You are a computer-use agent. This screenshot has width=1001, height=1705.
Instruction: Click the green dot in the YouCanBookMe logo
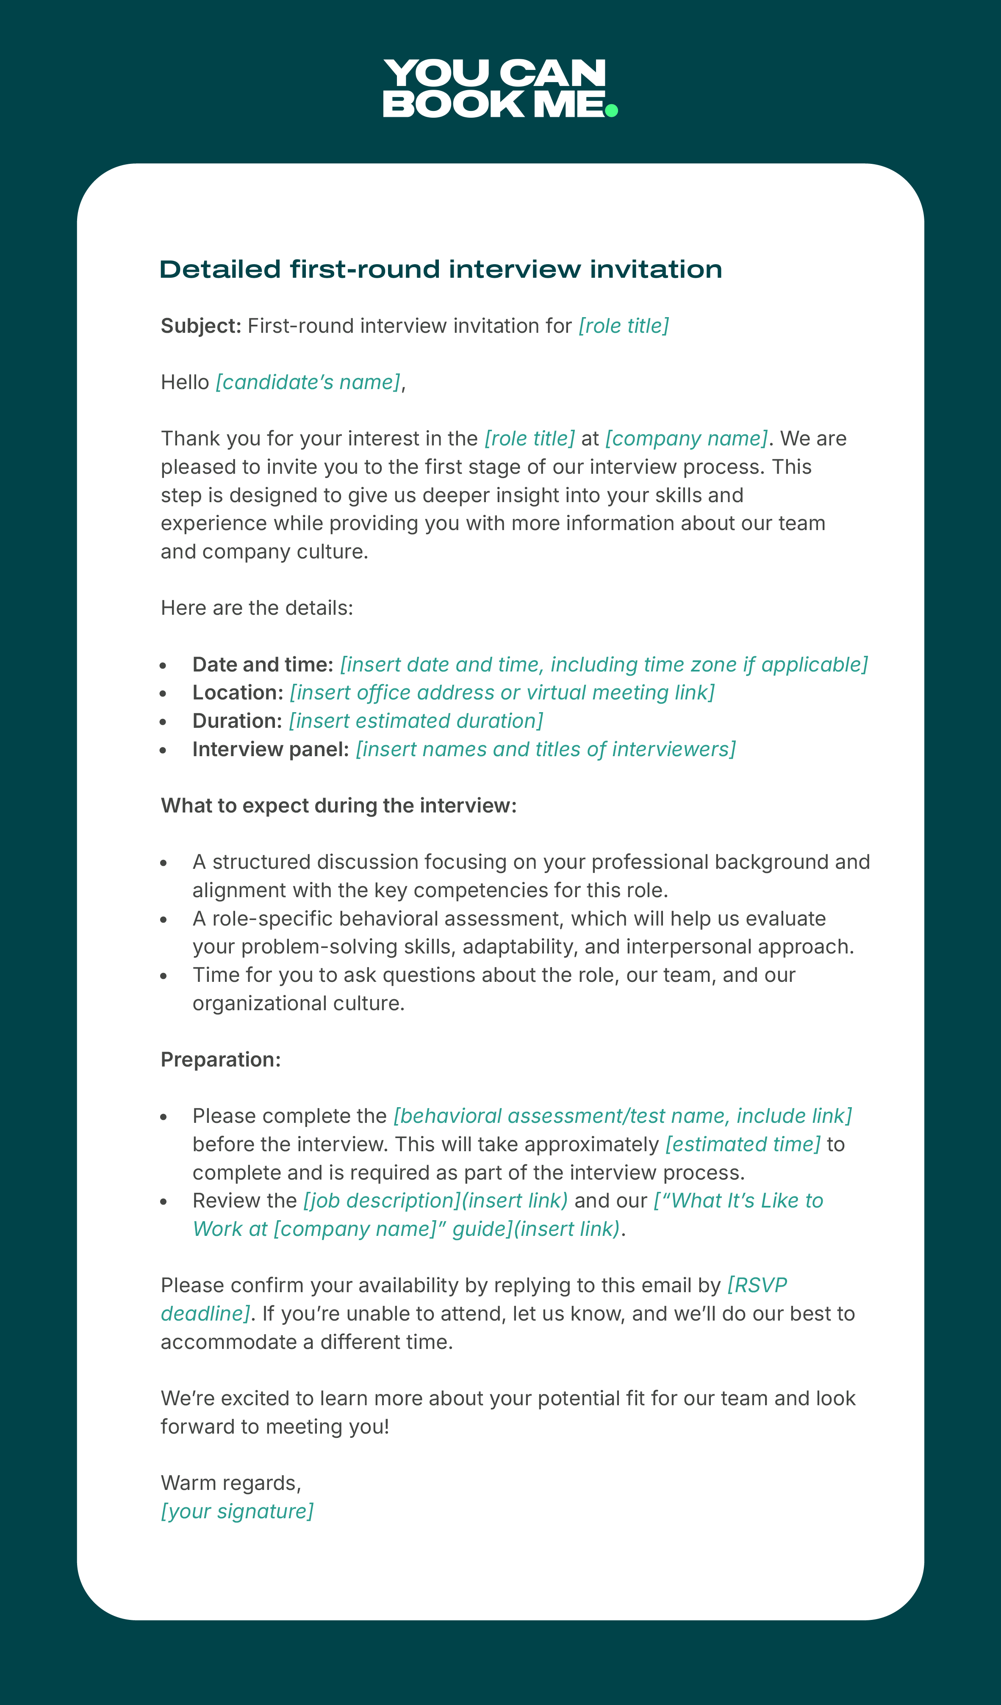(611, 110)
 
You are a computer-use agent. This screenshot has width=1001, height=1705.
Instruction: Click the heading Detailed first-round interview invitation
(441, 269)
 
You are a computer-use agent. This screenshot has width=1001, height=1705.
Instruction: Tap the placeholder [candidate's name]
(308, 382)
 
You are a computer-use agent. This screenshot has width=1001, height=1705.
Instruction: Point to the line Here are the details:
(257, 608)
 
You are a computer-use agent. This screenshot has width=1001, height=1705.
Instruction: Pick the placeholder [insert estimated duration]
(416, 721)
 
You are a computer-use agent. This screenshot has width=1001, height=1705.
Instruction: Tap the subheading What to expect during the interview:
(338, 806)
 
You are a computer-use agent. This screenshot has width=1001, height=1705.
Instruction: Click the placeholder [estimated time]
(743, 1144)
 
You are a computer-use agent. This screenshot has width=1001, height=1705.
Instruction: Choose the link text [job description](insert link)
(435, 1201)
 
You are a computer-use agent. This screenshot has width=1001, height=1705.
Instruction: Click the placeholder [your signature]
(237, 1512)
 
